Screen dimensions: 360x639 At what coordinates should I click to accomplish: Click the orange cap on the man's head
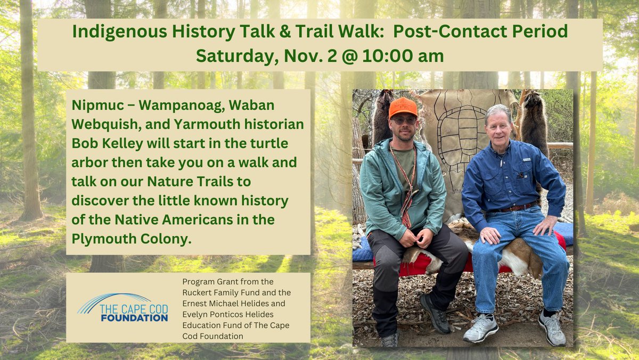pyautogui.click(x=403, y=107)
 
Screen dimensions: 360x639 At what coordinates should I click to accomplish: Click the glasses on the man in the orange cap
pyautogui.click(x=404, y=120)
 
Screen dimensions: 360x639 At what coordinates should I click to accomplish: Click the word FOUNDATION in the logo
pyautogui.click(x=135, y=318)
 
